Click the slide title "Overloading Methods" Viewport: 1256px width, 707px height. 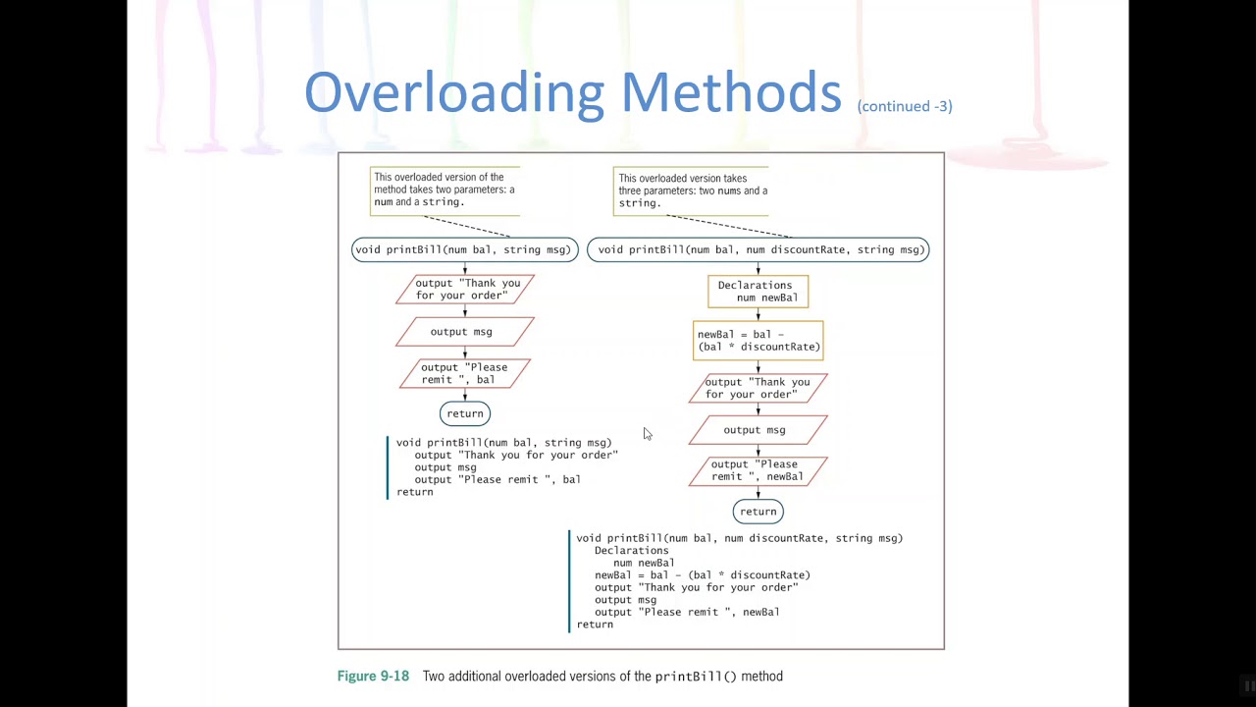pyautogui.click(x=572, y=93)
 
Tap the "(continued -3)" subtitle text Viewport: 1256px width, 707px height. pyautogui.click(x=904, y=106)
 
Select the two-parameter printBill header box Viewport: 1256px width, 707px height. pyautogui.click(x=464, y=249)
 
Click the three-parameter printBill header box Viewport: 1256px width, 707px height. pyautogui.click(x=758, y=249)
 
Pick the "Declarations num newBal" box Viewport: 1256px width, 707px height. pyautogui.click(x=758, y=292)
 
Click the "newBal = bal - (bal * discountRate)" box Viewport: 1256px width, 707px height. pyautogui.click(x=758, y=341)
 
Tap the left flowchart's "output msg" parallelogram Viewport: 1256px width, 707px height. pyautogui.click(x=464, y=332)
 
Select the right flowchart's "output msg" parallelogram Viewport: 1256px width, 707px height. pyautogui.click(x=758, y=430)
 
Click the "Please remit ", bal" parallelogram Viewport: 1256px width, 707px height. pyautogui.click(x=464, y=373)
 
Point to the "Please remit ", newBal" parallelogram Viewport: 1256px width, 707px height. pyautogui.click(x=758, y=470)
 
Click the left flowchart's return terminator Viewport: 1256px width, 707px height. pyautogui.click(x=465, y=413)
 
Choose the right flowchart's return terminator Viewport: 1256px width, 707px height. pyautogui.click(x=758, y=512)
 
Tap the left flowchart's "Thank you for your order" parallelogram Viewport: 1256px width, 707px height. pyautogui.click(x=465, y=289)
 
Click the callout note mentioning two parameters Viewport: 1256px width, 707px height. pyautogui.click(x=445, y=190)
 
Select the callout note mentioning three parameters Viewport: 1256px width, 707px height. pyautogui.click(x=691, y=190)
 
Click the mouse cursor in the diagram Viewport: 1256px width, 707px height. pyautogui.click(x=647, y=433)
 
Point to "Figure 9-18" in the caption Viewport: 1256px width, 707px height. pyautogui.click(x=373, y=677)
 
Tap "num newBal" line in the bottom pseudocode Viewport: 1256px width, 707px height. pyautogui.click(x=644, y=563)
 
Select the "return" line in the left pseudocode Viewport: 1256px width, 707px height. pyautogui.click(x=415, y=492)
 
